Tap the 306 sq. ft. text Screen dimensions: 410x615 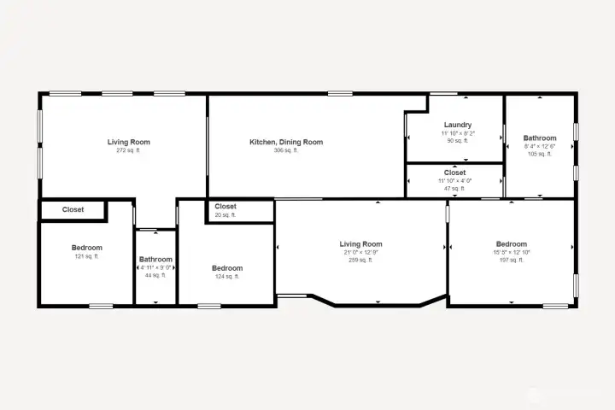(x=285, y=150)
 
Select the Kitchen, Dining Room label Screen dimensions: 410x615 (x=285, y=142)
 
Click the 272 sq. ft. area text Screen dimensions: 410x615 (x=128, y=150)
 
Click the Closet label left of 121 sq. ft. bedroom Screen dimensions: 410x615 (x=73, y=209)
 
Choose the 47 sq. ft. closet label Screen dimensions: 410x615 (x=454, y=172)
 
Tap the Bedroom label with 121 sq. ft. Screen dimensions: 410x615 (x=86, y=248)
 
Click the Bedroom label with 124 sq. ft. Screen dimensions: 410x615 (x=227, y=268)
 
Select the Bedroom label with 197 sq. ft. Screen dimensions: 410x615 (x=511, y=243)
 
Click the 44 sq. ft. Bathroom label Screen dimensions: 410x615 (x=155, y=260)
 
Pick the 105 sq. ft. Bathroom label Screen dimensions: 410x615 (x=540, y=138)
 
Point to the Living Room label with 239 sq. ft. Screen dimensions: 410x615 (x=360, y=244)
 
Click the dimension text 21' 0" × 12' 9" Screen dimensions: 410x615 (x=360, y=252)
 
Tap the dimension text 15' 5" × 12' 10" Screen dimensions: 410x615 (x=511, y=252)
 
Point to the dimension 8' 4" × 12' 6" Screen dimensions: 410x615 (x=540, y=146)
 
